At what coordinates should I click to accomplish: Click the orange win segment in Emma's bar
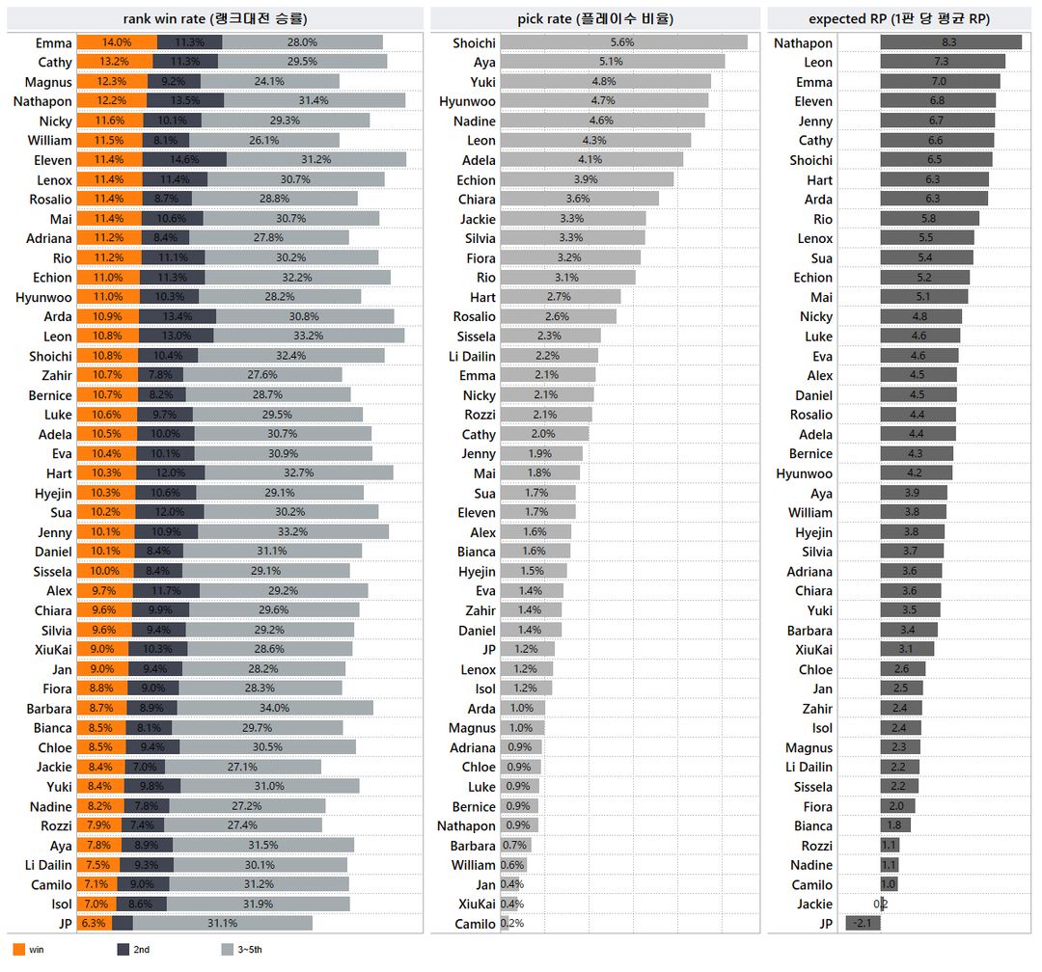(x=116, y=42)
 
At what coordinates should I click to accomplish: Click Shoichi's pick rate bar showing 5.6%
(x=623, y=42)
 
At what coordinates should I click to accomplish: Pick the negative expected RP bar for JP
(x=863, y=924)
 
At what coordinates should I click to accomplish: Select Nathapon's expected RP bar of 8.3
(x=950, y=42)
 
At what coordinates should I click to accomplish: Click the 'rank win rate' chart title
(x=215, y=18)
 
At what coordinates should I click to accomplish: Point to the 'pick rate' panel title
(x=594, y=18)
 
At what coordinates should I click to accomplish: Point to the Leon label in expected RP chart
(x=817, y=62)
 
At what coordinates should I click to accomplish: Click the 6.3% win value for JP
(x=92, y=924)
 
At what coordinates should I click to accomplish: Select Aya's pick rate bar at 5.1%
(x=612, y=62)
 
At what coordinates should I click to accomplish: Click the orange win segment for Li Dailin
(x=97, y=865)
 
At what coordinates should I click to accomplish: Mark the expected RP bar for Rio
(x=929, y=219)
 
